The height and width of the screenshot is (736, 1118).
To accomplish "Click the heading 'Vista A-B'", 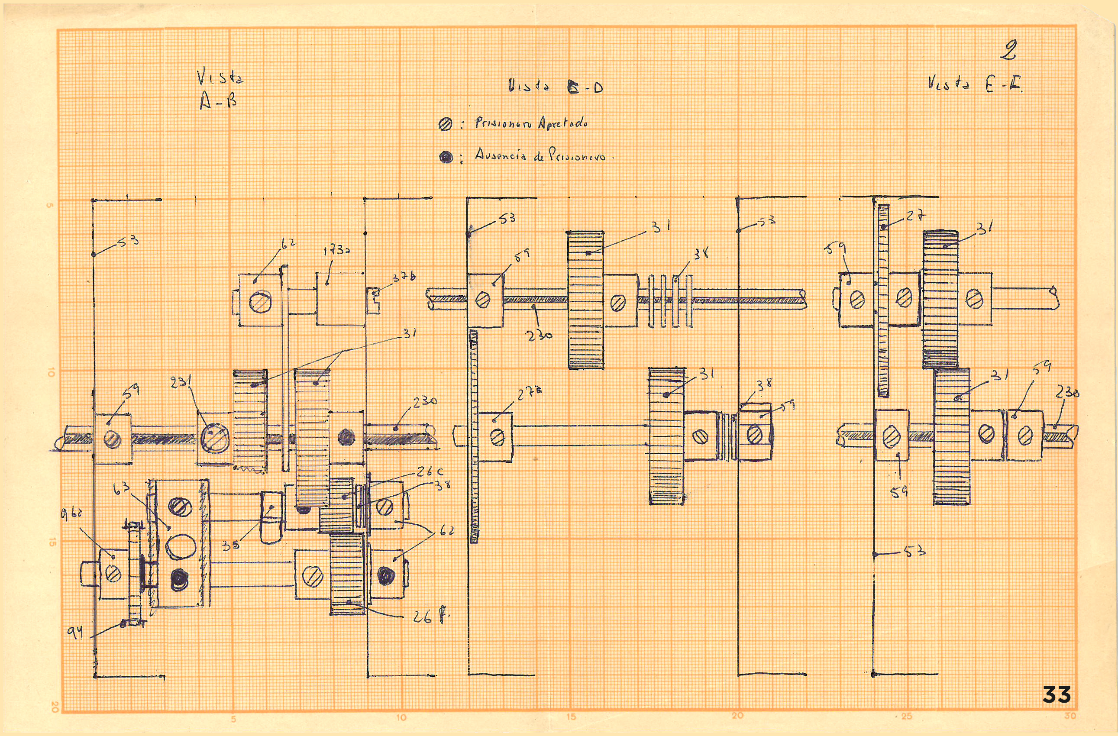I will pos(220,90).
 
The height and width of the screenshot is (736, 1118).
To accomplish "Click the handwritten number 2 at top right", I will pos(1008,51).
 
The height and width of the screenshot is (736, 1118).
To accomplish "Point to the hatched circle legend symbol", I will pos(445,124).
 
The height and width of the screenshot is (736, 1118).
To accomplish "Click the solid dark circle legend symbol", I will pos(446,157).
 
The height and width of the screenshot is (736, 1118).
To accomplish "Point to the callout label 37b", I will pos(404,278).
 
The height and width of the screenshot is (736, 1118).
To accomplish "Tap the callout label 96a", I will pos(72,515).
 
